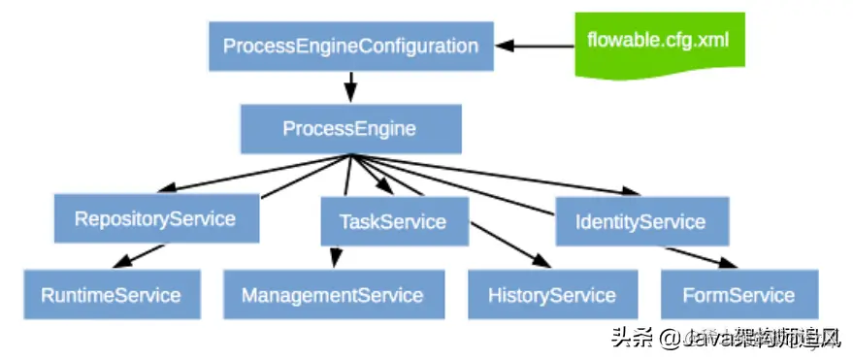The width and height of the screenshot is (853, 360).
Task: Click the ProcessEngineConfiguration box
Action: [350, 47]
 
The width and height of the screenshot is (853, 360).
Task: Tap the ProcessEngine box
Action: [349, 128]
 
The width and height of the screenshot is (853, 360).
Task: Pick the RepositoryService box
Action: [155, 218]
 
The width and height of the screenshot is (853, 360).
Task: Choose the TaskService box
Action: [393, 221]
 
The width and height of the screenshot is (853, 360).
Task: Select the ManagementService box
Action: [333, 295]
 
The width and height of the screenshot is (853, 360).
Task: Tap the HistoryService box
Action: [552, 295]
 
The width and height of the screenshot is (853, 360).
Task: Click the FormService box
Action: [738, 295]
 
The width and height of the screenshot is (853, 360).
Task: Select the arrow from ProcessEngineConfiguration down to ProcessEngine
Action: [349, 87]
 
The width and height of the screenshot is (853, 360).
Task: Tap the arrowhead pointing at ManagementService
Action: [335, 260]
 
